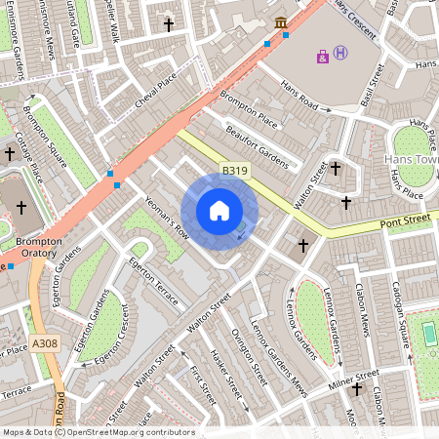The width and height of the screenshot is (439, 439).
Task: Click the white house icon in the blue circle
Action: (x=219, y=211)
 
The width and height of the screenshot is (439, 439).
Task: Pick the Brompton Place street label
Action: (x=248, y=107)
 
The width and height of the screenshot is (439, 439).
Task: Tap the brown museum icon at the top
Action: (x=280, y=22)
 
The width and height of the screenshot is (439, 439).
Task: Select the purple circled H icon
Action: (x=340, y=54)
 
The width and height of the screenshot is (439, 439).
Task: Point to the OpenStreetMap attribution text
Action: (x=99, y=432)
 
